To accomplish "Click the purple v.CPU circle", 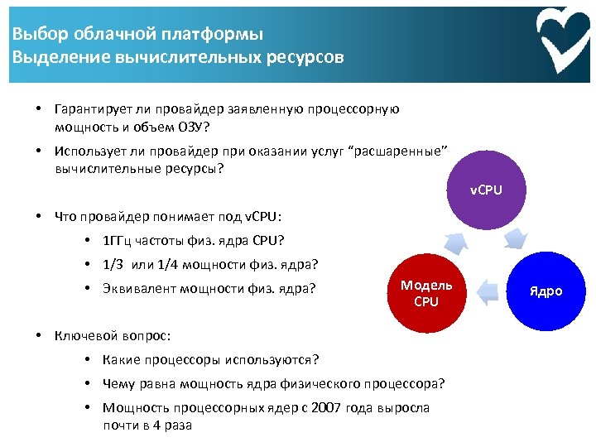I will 487,190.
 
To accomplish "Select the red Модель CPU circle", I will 426,293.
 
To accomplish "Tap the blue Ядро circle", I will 546,291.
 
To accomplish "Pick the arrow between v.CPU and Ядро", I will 517,240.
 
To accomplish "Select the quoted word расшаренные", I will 401,151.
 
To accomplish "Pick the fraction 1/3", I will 113,265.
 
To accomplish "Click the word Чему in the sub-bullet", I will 118,383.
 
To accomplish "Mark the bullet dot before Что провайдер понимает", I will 39,217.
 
